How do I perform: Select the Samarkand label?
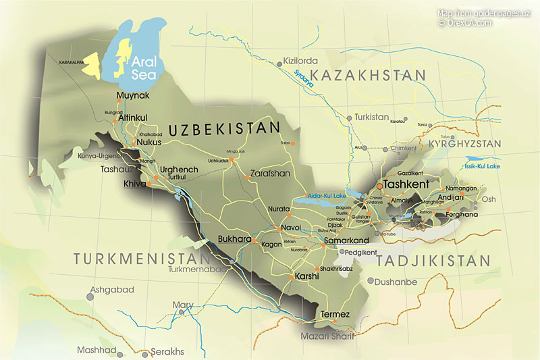tap(347, 240)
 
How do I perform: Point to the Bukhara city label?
tap(235, 239)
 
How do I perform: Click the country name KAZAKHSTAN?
tap(371, 75)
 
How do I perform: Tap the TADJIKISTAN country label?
tap(433, 260)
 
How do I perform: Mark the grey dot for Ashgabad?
tap(89, 296)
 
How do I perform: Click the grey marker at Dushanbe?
tap(371, 280)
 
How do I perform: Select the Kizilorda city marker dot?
tap(279, 63)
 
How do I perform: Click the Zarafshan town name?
tap(270, 173)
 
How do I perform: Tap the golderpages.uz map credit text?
tap(483, 13)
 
